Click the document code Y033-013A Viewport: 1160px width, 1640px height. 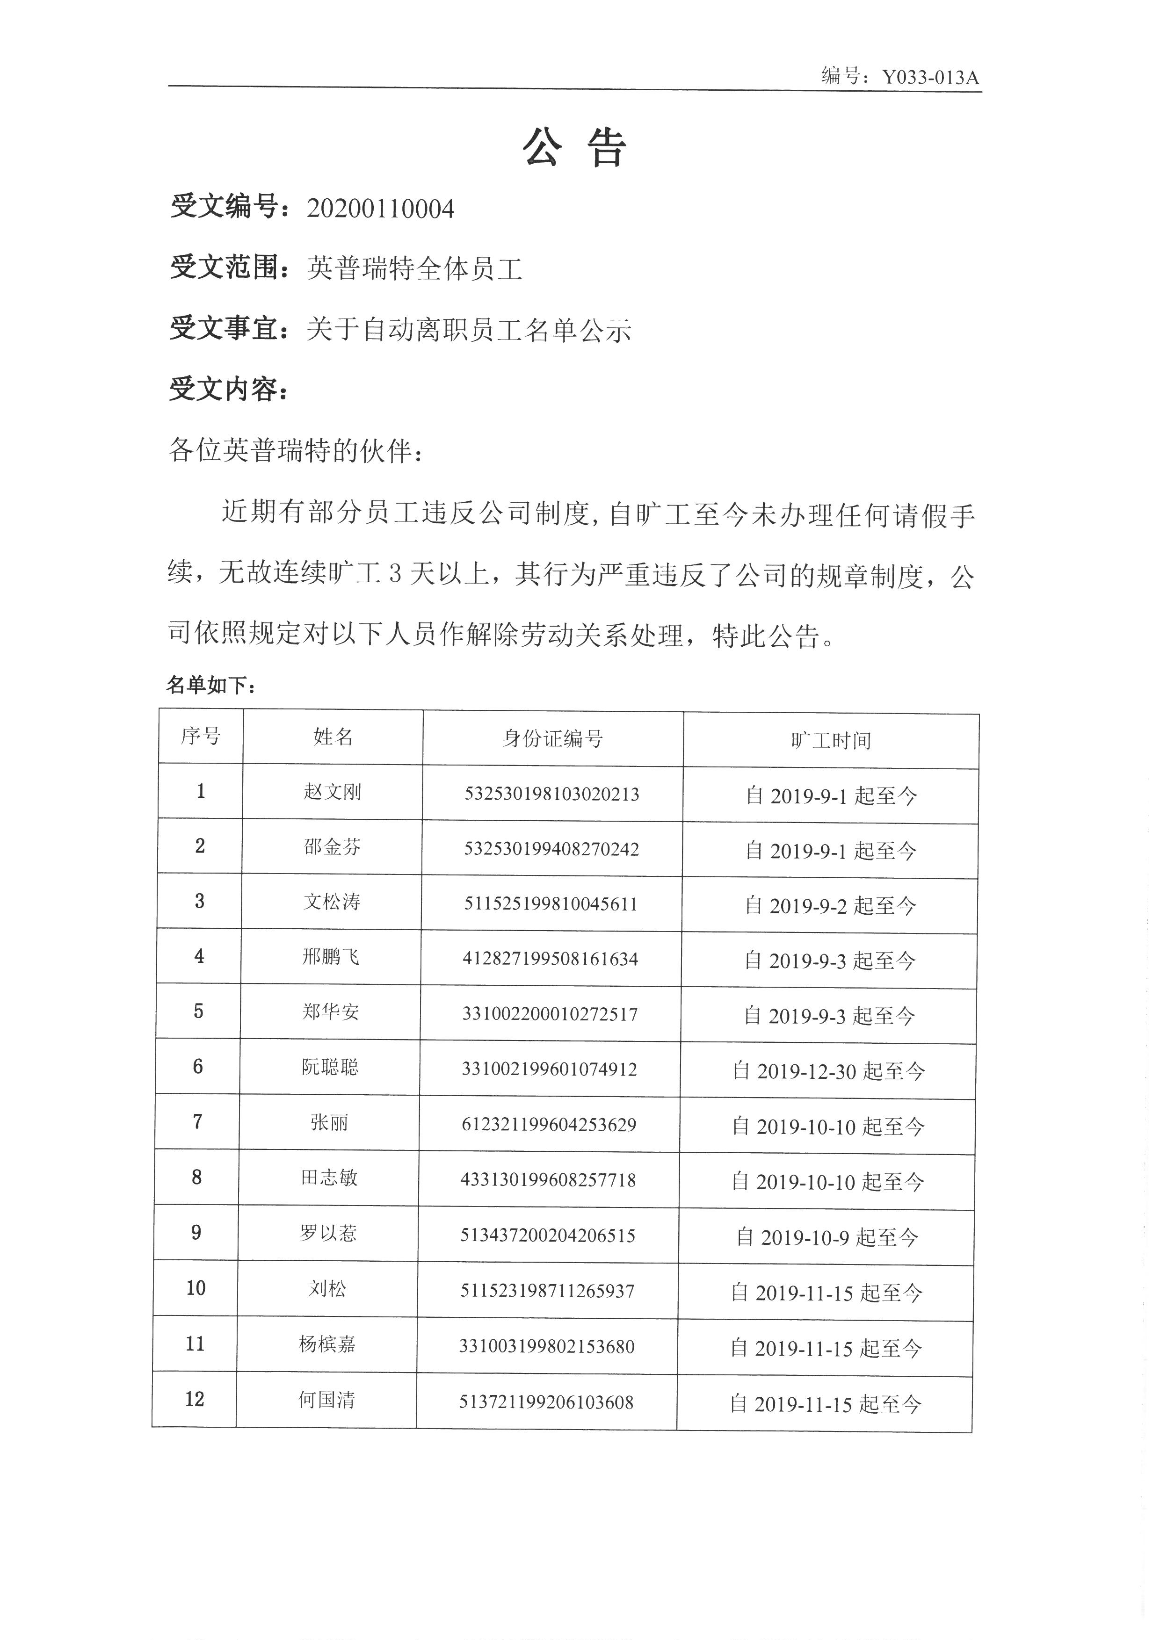[x=929, y=77]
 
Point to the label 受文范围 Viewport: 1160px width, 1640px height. [x=224, y=268]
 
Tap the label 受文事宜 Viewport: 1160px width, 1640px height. [x=224, y=329]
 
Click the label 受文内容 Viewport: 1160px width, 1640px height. [x=224, y=389]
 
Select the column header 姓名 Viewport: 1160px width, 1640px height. [x=333, y=737]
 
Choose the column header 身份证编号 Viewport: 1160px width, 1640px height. [x=552, y=738]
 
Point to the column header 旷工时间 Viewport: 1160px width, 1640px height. [x=831, y=741]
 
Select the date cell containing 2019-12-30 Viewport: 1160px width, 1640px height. [x=828, y=1071]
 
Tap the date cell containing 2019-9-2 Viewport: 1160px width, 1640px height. [x=830, y=906]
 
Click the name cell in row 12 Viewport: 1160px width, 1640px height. [x=326, y=1400]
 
